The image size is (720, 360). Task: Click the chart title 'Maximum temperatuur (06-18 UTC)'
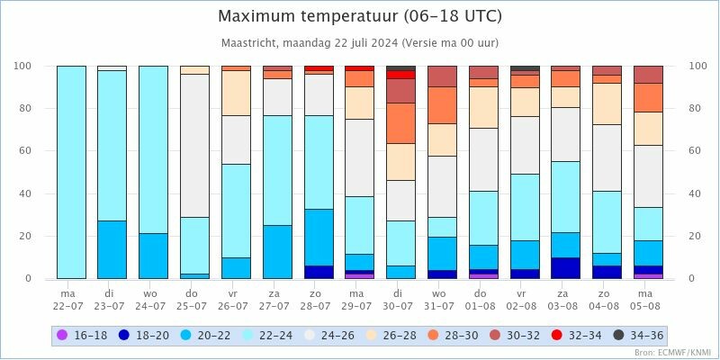360,17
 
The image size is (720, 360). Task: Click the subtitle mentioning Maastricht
360,42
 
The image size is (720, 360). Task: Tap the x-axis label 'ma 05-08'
648,299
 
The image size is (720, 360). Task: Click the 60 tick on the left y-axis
23,151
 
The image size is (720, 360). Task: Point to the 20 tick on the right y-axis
695,236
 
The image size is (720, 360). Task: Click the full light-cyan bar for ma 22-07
71,171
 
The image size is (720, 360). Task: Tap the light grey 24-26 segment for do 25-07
194,145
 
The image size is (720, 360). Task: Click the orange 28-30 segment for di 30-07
400,123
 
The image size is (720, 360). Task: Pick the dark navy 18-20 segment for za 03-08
566,268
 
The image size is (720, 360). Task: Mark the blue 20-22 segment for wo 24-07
153,256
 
